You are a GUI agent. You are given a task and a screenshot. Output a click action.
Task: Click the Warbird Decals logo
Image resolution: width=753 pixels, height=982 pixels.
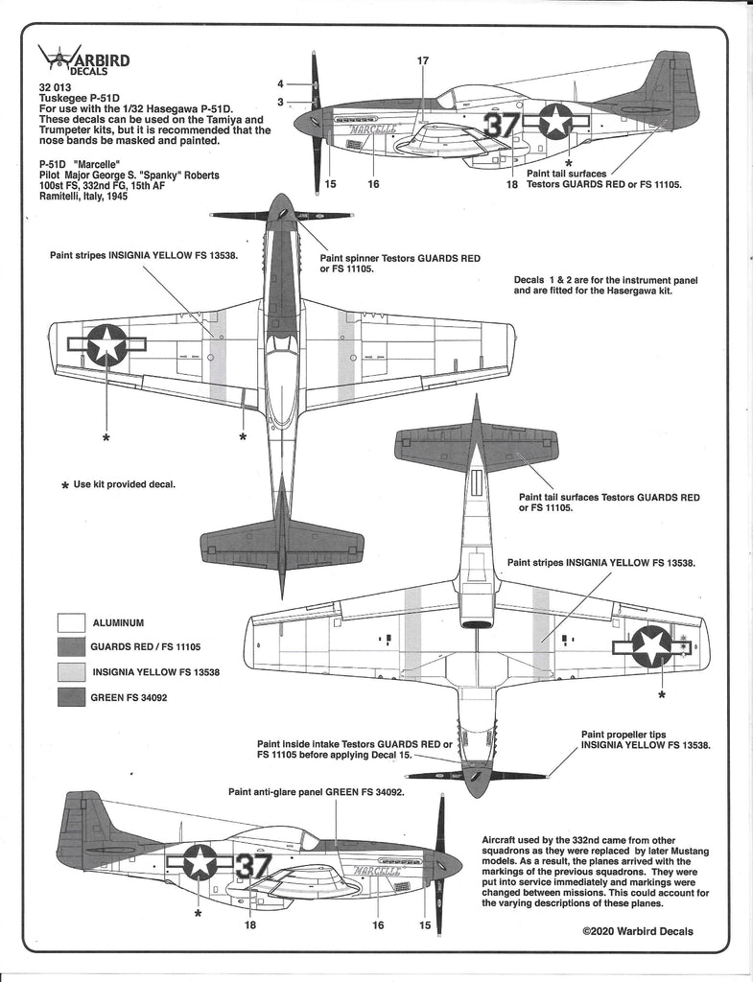coord(87,60)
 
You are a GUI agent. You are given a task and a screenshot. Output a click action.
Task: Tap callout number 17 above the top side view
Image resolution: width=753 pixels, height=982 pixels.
coord(422,61)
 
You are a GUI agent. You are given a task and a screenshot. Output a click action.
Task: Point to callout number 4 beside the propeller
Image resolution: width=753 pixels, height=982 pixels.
coord(281,83)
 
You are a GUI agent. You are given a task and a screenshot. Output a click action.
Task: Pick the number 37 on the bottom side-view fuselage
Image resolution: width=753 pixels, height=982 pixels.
coord(252,865)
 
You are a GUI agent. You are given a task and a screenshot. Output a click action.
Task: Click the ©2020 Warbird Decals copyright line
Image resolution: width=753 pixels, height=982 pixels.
coord(638,931)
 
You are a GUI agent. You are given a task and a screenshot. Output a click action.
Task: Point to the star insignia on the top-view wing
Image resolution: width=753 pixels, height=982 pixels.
coord(106,345)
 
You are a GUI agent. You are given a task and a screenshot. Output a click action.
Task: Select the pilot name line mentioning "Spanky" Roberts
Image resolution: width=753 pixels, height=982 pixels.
coord(123,175)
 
